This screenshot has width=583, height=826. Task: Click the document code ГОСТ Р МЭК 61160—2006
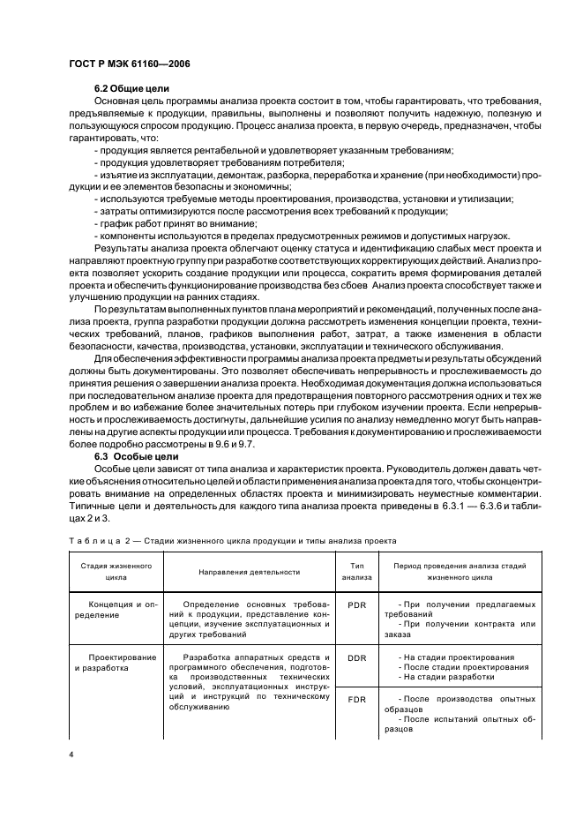(x=130, y=64)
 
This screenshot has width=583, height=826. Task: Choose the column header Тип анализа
(x=357, y=571)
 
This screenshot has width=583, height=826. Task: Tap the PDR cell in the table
(x=357, y=606)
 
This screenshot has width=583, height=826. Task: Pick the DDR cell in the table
(x=357, y=658)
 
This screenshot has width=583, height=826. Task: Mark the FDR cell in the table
(x=357, y=698)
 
